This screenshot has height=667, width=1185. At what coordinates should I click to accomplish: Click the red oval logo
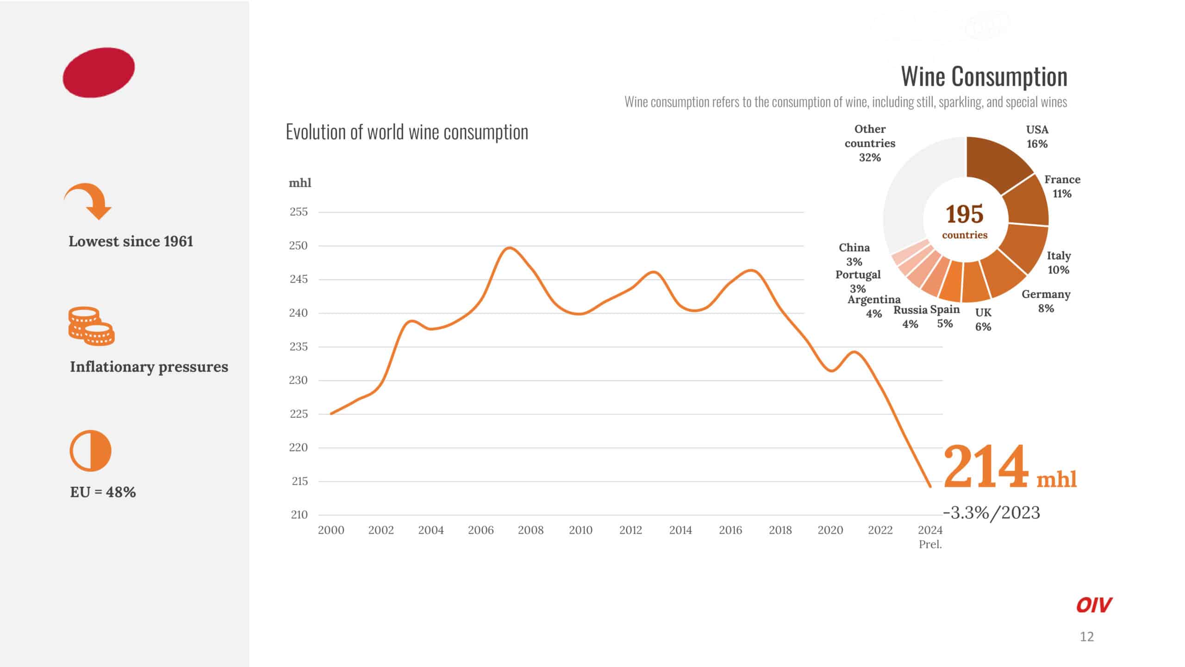[99, 72]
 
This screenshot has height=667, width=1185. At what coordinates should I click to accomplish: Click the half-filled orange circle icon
[91, 451]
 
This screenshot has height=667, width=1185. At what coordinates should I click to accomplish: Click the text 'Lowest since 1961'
[131, 241]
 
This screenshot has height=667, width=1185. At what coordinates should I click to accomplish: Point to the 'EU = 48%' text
[103, 492]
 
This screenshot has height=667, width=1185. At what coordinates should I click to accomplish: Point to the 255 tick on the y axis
[299, 212]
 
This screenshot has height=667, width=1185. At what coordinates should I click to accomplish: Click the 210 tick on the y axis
[299, 515]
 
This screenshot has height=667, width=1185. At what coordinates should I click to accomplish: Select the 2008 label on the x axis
[530, 530]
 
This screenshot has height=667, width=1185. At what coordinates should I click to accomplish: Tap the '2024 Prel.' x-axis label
[930, 536]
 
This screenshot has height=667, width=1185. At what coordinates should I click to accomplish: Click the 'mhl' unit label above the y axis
[300, 183]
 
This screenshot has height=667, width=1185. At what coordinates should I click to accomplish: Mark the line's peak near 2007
[509, 247]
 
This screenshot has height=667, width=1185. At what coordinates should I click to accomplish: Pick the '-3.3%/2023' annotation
[992, 513]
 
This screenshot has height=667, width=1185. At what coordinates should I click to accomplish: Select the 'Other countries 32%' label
[870, 143]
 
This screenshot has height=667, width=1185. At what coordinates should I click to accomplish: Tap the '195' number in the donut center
[965, 214]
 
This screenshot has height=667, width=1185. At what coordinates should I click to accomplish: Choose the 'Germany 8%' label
[1046, 301]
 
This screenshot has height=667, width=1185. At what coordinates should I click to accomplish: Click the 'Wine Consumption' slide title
[984, 76]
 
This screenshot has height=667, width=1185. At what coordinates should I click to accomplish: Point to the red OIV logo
[1093, 605]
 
